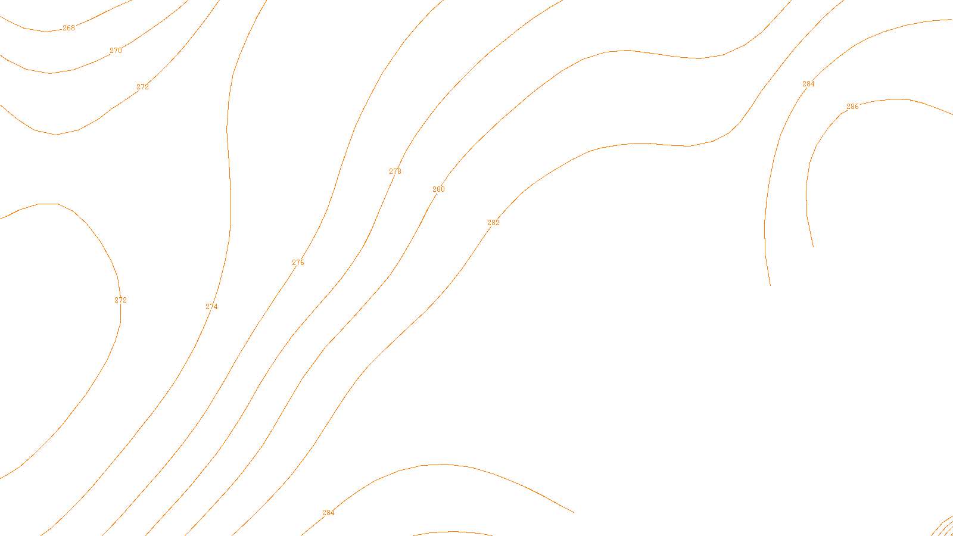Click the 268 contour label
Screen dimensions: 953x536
coord(68,28)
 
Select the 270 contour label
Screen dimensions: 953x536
coord(116,51)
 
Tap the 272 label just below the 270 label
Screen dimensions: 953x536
coord(142,87)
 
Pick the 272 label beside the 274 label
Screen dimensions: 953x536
coord(120,300)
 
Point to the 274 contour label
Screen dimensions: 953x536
coord(211,307)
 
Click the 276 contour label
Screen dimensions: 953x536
coord(298,263)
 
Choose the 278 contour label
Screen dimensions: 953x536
coord(395,172)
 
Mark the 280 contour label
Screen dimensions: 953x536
coord(438,189)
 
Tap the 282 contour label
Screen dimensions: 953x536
coord(493,223)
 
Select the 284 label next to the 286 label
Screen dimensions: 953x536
coord(808,84)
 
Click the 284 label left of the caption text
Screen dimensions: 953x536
coord(328,513)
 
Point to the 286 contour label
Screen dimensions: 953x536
coord(852,107)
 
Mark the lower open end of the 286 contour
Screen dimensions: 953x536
coord(813,246)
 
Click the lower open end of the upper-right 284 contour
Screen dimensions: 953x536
coord(770,285)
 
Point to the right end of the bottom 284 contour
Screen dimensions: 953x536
coord(573,512)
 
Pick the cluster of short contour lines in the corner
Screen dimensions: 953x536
coord(942,527)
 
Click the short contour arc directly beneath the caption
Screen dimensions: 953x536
coord(453,533)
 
